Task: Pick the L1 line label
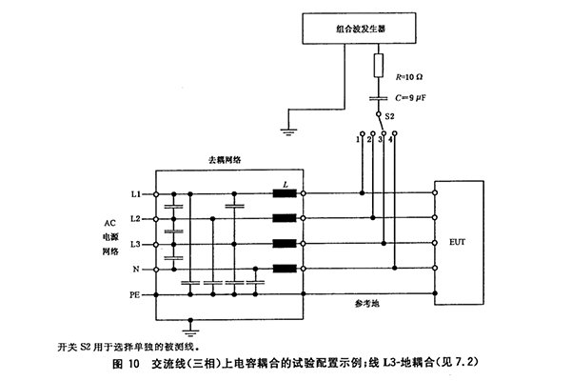tap(135, 194)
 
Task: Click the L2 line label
tap(135, 219)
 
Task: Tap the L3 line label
tap(135, 245)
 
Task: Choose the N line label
tap(137, 270)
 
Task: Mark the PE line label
tap(134, 295)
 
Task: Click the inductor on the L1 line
tap(283, 194)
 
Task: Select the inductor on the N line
tap(283, 270)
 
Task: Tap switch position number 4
tap(391, 139)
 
